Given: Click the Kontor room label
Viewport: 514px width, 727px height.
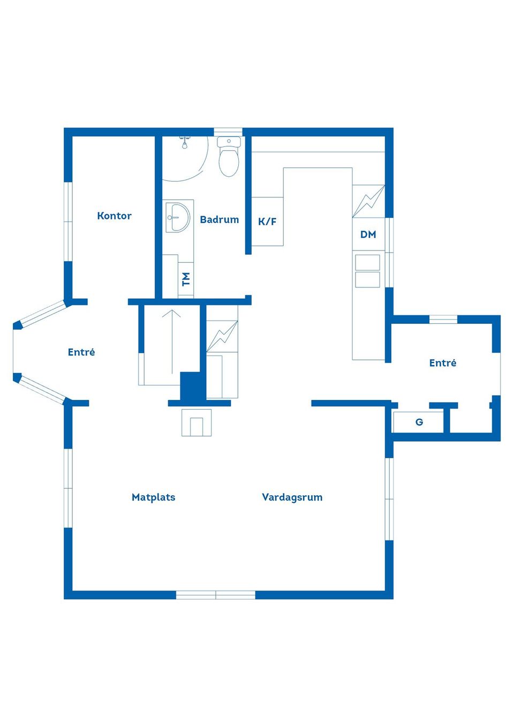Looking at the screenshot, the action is pyautogui.click(x=114, y=216).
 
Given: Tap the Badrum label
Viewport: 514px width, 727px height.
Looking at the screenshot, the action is pyautogui.click(x=220, y=219).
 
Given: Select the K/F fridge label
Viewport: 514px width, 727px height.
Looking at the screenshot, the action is pyautogui.click(x=267, y=222).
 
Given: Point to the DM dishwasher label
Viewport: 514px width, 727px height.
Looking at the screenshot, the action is pyautogui.click(x=368, y=234).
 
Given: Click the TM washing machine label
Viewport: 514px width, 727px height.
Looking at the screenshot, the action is pyautogui.click(x=186, y=279).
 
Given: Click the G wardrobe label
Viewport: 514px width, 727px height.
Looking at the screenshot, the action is pyautogui.click(x=419, y=422).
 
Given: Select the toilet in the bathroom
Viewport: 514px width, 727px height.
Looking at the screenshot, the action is pyautogui.click(x=229, y=156).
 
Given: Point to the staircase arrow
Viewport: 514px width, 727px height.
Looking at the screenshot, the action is pyautogui.click(x=171, y=342).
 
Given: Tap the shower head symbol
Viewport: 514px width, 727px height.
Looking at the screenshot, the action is pyautogui.click(x=185, y=142).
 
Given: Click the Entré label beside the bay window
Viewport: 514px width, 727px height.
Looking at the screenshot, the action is pyautogui.click(x=81, y=352).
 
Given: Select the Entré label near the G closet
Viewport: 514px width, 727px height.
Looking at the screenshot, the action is pyautogui.click(x=443, y=362).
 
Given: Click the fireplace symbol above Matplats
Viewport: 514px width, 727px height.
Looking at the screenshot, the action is pyautogui.click(x=196, y=422).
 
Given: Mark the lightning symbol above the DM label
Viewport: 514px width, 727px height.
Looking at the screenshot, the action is pyautogui.click(x=368, y=201).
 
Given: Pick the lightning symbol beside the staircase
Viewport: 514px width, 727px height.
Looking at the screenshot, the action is pyautogui.click(x=222, y=336).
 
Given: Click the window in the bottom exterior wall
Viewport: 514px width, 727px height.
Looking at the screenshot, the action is pyautogui.click(x=215, y=595).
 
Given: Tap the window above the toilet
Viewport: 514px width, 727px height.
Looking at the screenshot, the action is pyautogui.click(x=228, y=132).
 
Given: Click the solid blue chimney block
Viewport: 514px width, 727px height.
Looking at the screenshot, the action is pyautogui.click(x=193, y=386).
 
